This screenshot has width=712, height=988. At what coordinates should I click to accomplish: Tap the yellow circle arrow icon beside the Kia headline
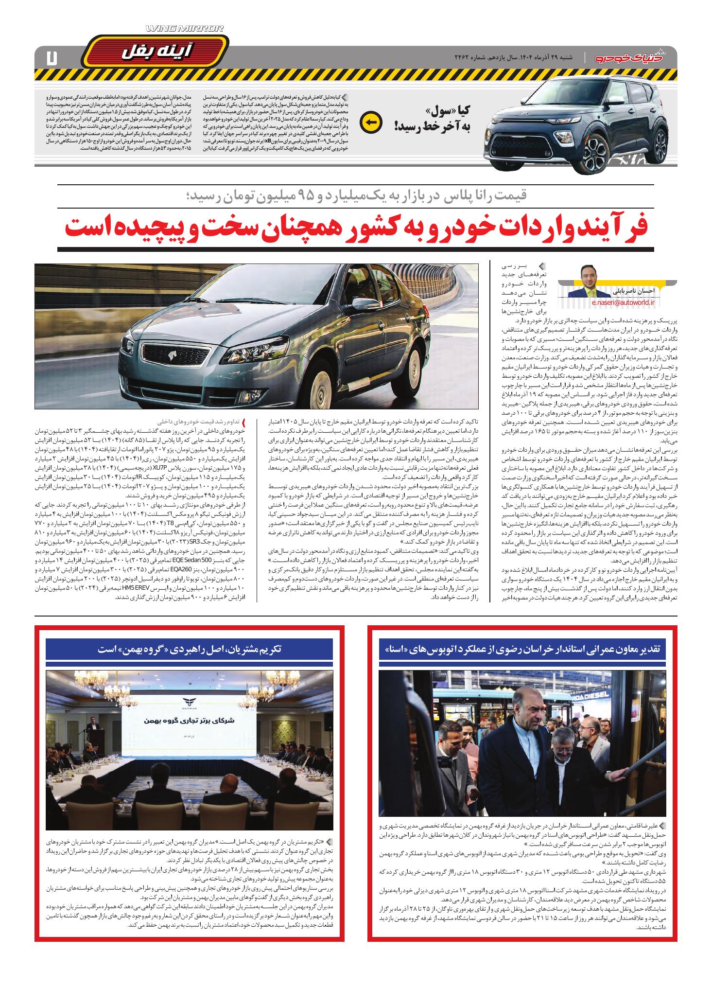371,123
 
